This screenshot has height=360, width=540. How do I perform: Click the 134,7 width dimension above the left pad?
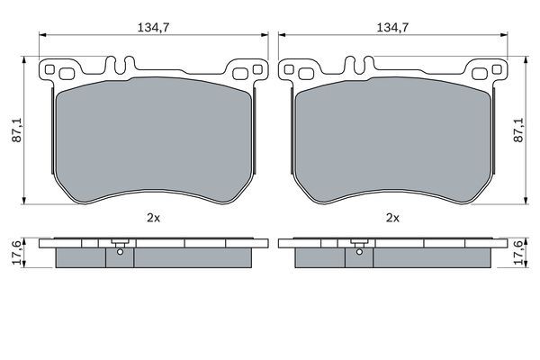pyautogui.click(x=153, y=27)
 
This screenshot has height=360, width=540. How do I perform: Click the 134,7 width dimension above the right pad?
pyautogui.click(x=392, y=27)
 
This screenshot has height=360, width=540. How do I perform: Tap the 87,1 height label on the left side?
pyautogui.click(x=16, y=130)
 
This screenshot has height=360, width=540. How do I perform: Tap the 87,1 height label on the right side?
pyautogui.click(x=518, y=130)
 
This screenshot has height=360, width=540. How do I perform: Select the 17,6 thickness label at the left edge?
pyautogui.click(x=16, y=253)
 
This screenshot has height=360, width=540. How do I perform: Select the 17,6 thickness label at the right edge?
pyautogui.click(x=518, y=253)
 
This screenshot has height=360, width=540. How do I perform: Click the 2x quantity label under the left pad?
pyautogui.click(x=153, y=218)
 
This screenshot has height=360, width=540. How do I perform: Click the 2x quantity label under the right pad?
pyautogui.click(x=392, y=218)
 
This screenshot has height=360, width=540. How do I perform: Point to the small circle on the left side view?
pyautogui.click(x=120, y=252)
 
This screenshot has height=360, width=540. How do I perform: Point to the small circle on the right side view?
pyautogui.click(x=359, y=252)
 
